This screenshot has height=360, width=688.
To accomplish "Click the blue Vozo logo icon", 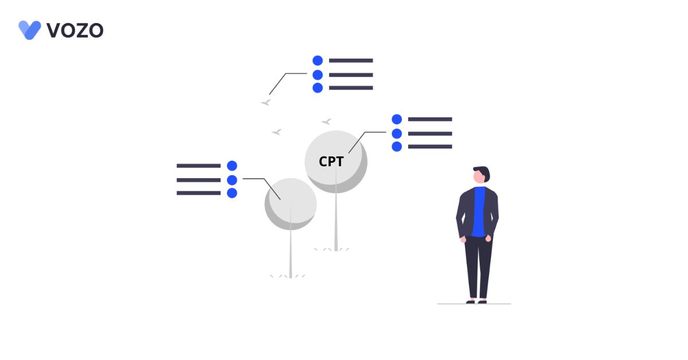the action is [x=30, y=30].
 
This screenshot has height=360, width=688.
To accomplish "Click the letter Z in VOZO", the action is [x=80, y=30].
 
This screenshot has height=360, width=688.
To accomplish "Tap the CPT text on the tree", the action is [x=331, y=162].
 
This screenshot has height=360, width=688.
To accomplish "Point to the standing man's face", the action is [x=479, y=177].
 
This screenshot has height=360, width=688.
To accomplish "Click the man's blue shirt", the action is [x=479, y=212].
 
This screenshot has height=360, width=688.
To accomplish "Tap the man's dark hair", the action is [x=483, y=173].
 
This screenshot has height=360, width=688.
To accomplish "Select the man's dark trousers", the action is [x=478, y=267].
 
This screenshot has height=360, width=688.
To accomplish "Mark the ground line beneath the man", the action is [x=474, y=304].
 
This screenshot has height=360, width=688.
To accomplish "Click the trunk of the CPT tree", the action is [x=336, y=212].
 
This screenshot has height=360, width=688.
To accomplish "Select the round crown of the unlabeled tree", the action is [x=291, y=204].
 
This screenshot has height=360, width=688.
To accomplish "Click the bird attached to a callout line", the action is [x=266, y=102].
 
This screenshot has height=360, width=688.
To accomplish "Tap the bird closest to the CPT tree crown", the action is [x=326, y=122].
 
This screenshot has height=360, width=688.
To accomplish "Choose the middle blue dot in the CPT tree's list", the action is [x=397, y=134].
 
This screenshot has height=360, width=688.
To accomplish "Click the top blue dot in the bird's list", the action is [x=318, y=61].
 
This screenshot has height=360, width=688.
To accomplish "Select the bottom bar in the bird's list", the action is [x=351, y=88].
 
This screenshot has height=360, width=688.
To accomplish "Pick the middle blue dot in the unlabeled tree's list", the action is [x=232, y=180].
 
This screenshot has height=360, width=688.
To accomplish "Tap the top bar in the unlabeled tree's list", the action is [x=198, y=166].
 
